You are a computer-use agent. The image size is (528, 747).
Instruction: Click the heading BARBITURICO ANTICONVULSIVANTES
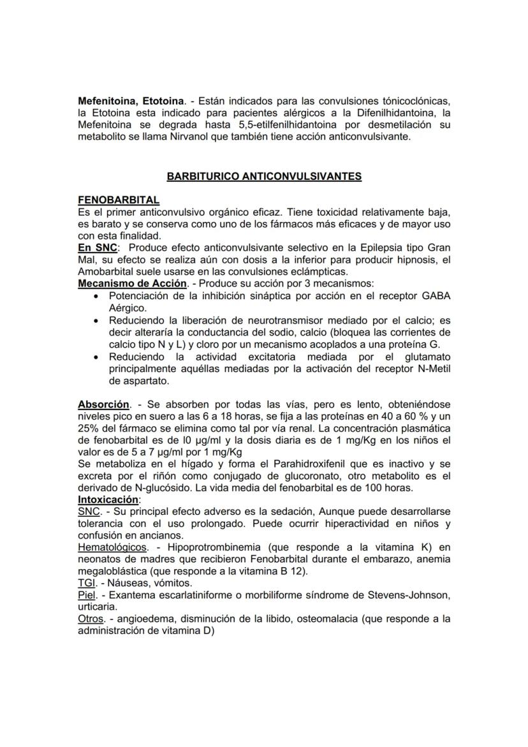(264, 176)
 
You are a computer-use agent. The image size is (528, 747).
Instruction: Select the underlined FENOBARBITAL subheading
(119, 200)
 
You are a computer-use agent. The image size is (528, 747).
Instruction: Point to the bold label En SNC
(97, 247)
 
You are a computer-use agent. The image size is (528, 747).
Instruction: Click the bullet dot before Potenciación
(96, 296)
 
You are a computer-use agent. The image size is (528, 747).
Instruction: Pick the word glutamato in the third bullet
(427, 356)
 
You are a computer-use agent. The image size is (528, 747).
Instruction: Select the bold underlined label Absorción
(103, 404)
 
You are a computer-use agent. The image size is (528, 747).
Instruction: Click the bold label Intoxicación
(108, 501)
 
